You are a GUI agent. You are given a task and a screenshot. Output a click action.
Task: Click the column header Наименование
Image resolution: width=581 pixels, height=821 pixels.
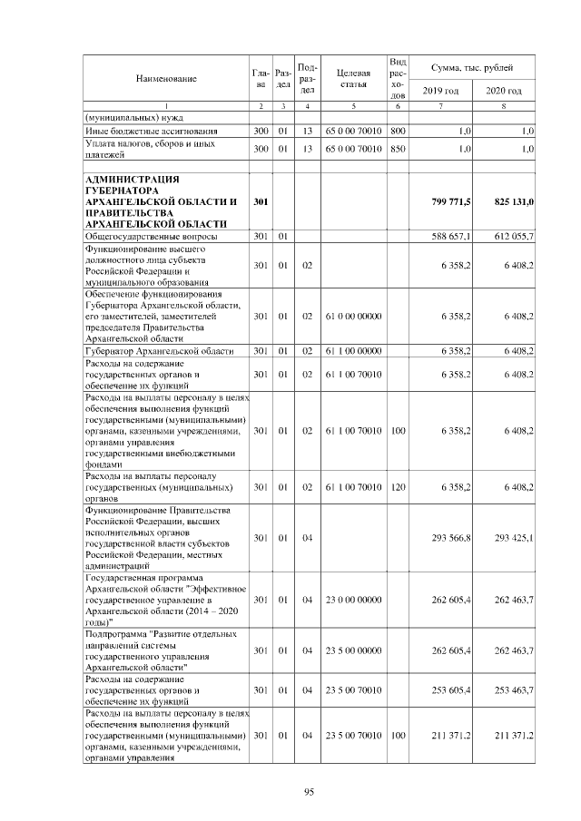(x=166, y=79)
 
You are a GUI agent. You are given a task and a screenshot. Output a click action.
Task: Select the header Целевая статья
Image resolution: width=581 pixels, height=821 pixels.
(x=352, y=79)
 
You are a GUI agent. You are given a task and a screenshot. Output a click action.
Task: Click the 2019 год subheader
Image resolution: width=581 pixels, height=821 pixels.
(x=440, y=92)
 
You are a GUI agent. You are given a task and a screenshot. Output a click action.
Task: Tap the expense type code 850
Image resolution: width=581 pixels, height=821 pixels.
(x=397, y=148)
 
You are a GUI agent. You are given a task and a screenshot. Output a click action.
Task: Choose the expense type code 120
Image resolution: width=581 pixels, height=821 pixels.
(x=397, y=487)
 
